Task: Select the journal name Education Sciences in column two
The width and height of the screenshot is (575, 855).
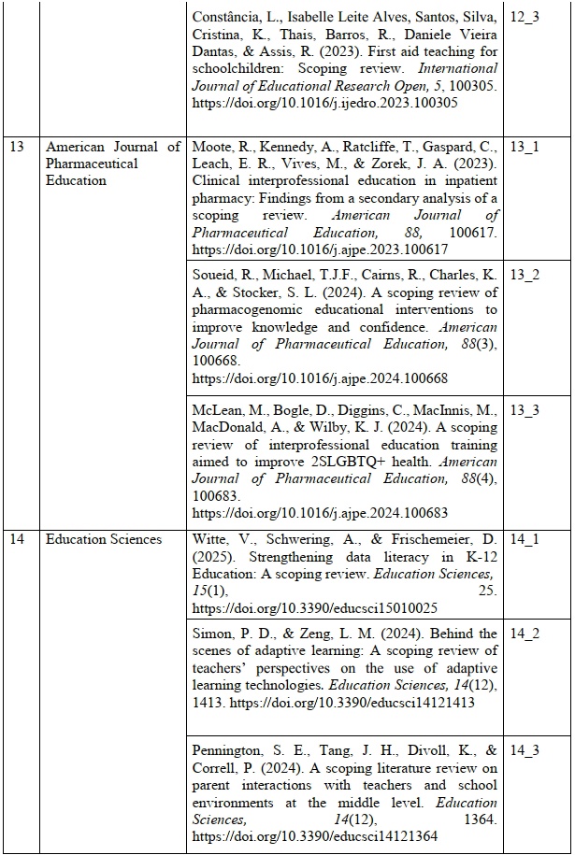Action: (x=104, y=539)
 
